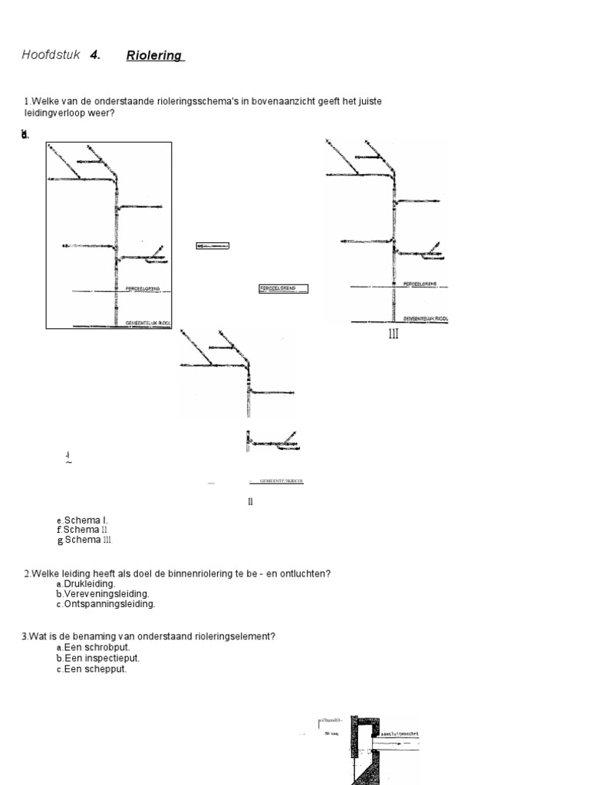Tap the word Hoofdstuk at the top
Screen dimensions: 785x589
[51, 55]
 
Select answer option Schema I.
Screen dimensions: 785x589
[85, 521]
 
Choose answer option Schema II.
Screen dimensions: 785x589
[87, 530]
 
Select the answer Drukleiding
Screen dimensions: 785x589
[90, 584]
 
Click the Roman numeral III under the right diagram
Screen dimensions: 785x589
[393, 333]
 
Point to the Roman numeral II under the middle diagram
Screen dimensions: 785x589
[250, 502]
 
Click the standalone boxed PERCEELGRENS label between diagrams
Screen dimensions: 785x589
[283, 288]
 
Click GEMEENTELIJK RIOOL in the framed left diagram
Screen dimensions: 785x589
[146, 324]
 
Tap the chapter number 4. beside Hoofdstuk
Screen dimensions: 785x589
[95, 55]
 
